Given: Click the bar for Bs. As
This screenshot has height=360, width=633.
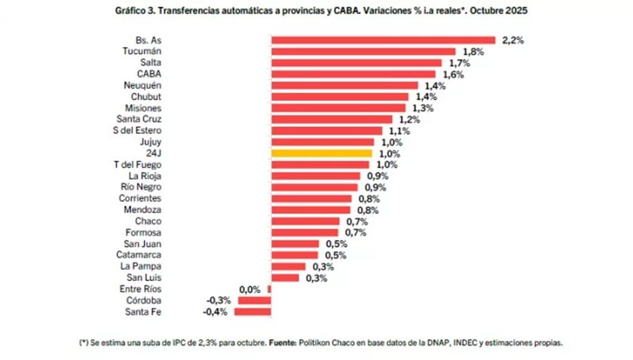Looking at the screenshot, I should [x=383, y=40].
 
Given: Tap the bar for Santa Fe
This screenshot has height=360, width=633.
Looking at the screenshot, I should [x=254, y=311].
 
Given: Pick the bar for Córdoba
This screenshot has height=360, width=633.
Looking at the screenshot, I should [x=255, y=300].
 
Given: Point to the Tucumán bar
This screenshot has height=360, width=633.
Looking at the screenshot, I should [x=362, y=51].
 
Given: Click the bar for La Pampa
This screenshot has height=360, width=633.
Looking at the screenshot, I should [x=288, y=266].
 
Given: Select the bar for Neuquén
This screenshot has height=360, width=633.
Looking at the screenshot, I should [x=344, y=85].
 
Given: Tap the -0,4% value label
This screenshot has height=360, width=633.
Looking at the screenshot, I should [x=216, y=311].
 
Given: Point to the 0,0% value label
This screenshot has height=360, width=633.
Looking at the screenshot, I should [x=249, y=288].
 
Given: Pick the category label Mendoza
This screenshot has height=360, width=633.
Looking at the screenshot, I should [x=142, y=209].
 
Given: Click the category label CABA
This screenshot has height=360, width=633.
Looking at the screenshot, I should [x=148, y=74].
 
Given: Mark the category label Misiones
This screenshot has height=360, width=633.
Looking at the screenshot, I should [x=142, y=108].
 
